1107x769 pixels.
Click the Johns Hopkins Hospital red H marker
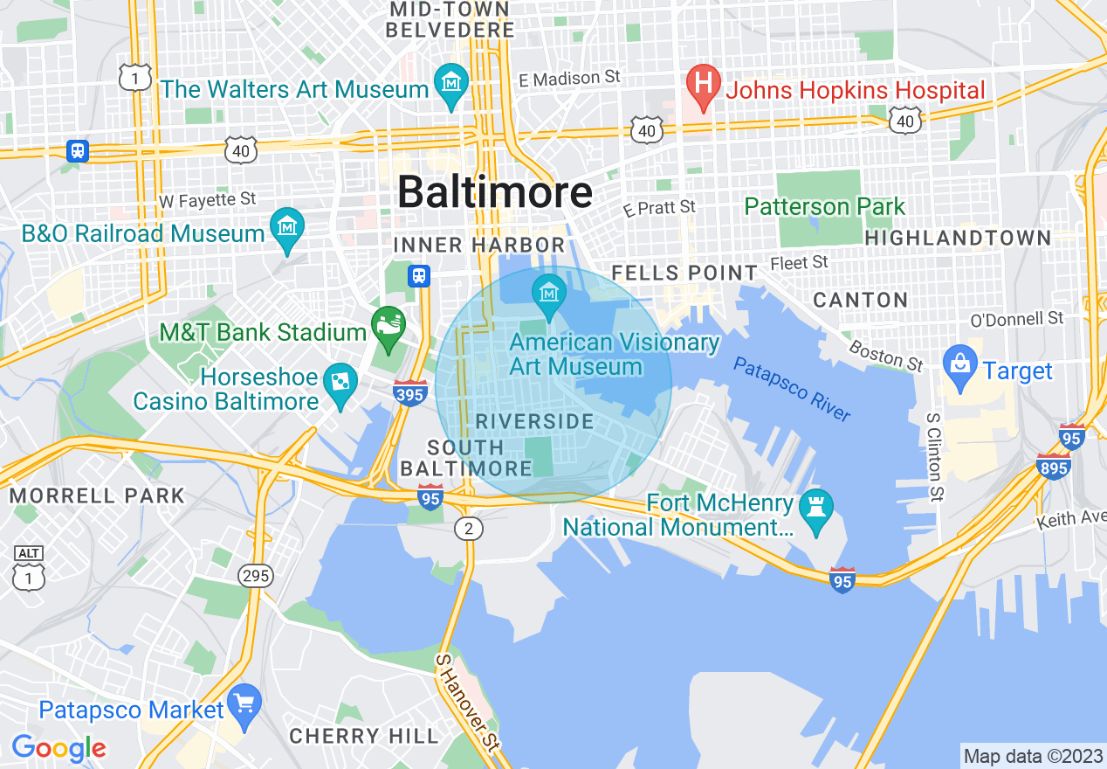click(702, 84)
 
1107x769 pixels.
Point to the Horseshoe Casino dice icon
click(340, 384)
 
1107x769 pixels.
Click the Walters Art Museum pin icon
click(451, 84)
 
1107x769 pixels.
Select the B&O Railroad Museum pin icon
click(286, 228)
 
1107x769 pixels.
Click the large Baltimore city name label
click(494, 191)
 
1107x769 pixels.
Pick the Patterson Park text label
click(824, 207)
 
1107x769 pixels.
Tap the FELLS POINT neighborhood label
click(684, 273)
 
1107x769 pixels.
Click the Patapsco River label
click(791, 389)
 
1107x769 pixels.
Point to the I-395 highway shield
click(410, 392)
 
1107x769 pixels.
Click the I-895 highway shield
click(1054, 466)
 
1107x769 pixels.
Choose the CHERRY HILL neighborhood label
click(363, 736)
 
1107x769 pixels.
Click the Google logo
click(58, 747)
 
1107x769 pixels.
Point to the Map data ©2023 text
click(1032, 756)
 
